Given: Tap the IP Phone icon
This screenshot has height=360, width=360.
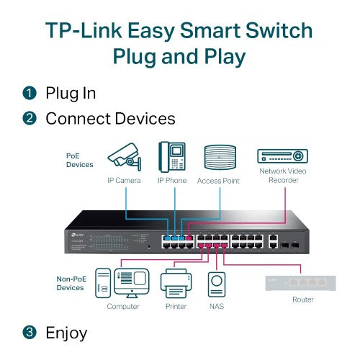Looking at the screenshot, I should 171,156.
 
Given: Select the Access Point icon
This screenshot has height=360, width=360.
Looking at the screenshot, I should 219,158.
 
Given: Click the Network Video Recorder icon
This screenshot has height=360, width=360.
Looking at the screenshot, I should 282,156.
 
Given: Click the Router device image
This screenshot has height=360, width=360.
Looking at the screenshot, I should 302,276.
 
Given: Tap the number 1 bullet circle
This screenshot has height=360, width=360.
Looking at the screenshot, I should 29,93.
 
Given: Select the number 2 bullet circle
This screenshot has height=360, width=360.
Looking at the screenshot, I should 29,117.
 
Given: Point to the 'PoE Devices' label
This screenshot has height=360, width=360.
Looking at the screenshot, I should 81,159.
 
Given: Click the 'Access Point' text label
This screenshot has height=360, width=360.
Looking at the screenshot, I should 218,180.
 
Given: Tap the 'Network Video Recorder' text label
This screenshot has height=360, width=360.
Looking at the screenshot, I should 282,176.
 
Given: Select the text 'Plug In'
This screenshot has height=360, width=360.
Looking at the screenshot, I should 71,93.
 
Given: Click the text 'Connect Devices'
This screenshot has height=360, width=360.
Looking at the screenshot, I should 110,117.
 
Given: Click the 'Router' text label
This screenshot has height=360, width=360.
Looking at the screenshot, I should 302,299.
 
